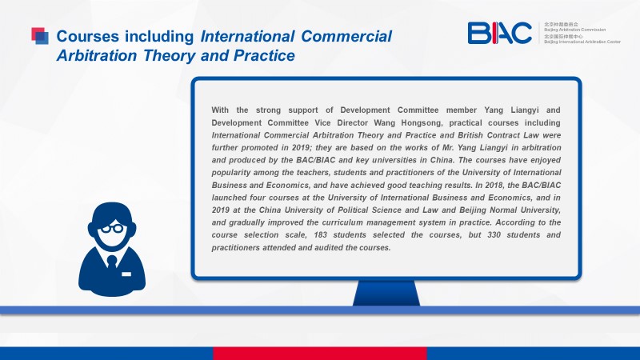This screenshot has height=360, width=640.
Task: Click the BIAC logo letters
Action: [499, 33]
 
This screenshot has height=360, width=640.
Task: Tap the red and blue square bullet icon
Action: [40, 35]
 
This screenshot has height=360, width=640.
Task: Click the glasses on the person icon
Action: [112, 229]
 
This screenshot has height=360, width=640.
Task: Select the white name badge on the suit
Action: [126, 274]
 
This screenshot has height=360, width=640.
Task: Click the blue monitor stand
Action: [386, 293]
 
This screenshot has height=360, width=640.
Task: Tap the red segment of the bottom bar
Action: [320, 354]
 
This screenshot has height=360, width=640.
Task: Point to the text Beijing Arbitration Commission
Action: [574, 30]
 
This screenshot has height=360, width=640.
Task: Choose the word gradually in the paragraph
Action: [246, 223]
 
